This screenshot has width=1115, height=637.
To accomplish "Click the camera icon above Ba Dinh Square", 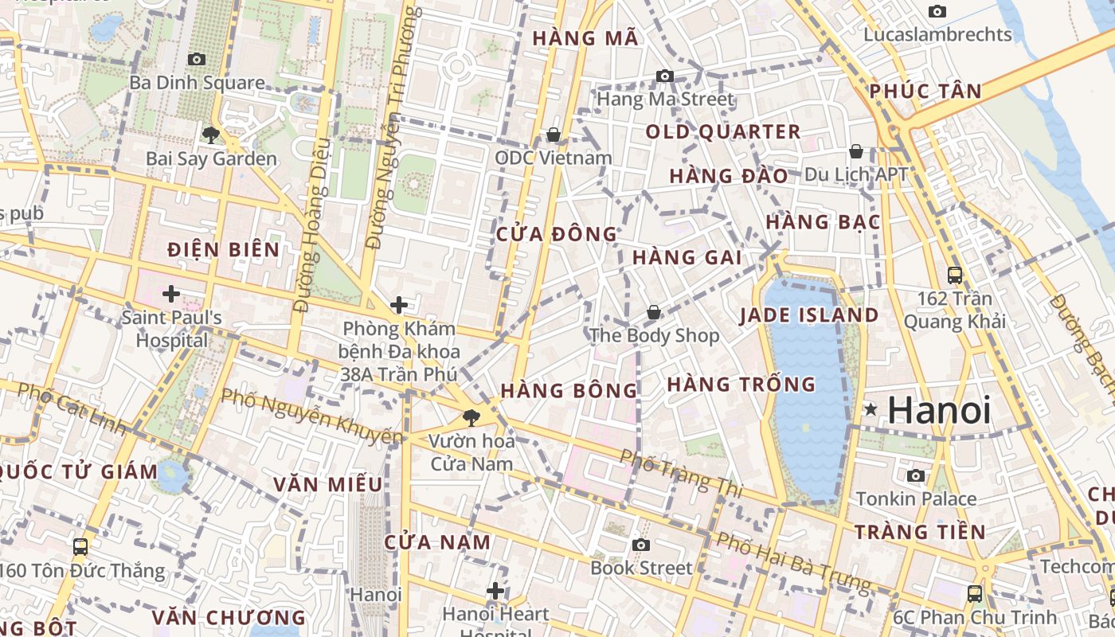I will click(x=197, y=59).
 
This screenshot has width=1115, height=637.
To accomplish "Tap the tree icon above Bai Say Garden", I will click(x=211, y=135).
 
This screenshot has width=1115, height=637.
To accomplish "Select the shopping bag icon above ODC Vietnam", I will click(x=554, y=135).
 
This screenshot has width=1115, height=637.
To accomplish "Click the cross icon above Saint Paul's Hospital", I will click(x=171, y=294).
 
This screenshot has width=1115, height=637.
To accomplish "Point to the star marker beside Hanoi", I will click(x=871, y=410).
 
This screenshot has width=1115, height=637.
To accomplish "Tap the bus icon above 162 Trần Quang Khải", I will click(x=955, y=276).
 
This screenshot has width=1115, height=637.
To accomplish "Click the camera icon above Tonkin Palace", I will click(x=916, y=475).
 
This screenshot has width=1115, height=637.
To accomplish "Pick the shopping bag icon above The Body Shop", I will click(x=654, y=312).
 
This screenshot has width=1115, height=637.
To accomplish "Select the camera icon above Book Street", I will click(x=641, y=545).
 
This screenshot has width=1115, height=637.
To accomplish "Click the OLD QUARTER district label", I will click(x=723, y=132).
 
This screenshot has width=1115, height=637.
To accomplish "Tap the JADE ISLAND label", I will click(x=809, y=315).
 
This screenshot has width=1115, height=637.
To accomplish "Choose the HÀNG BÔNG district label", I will click(x=569, y=390).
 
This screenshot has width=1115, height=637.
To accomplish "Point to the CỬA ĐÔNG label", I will click(x=557, y=234).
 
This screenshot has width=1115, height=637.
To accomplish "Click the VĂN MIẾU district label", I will click(x=328, y=484).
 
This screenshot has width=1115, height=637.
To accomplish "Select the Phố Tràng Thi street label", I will click(x=681, y=473).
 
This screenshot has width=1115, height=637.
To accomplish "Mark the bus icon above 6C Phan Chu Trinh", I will click(x=974, y=593).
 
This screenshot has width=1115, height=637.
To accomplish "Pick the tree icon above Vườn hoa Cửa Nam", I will click(x=471, y=417).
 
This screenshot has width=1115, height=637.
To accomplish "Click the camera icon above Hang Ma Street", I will click(x=665, y=76).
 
